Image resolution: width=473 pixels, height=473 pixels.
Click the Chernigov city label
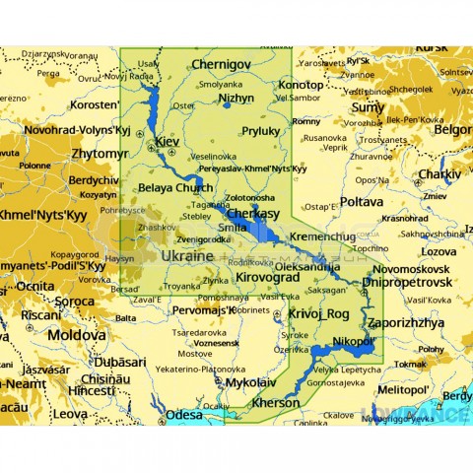point(224,63)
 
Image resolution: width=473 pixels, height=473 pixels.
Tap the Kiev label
point(167,142)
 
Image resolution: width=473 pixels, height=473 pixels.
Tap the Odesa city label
point(184,415)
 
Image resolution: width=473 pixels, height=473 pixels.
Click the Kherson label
point(277,403)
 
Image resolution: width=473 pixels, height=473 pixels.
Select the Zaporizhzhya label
point(406,322)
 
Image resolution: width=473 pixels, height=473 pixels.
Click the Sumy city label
point(368,106)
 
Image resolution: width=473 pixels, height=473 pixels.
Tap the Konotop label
point(301,85)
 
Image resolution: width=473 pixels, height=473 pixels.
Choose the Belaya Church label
point(175,187)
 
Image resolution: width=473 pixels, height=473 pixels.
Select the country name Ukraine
point(186,255)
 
